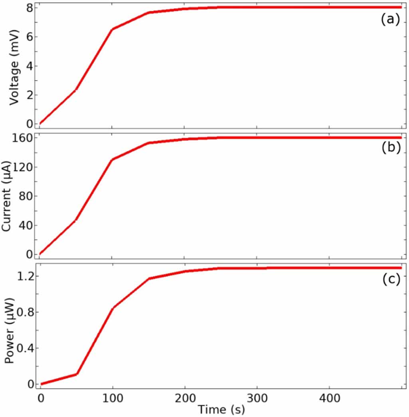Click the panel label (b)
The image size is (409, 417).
[x=390, y=147]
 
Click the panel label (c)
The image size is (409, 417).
[x=390, y=279]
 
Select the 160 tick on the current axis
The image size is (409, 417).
[x=22, y=138]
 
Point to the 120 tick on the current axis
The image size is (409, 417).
[x=22, y=167]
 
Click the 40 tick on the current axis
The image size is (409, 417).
[x=25, y=225]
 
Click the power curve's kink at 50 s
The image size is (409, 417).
[x=76, y=374]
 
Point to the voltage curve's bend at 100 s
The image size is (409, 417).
[x=112, y=30]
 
